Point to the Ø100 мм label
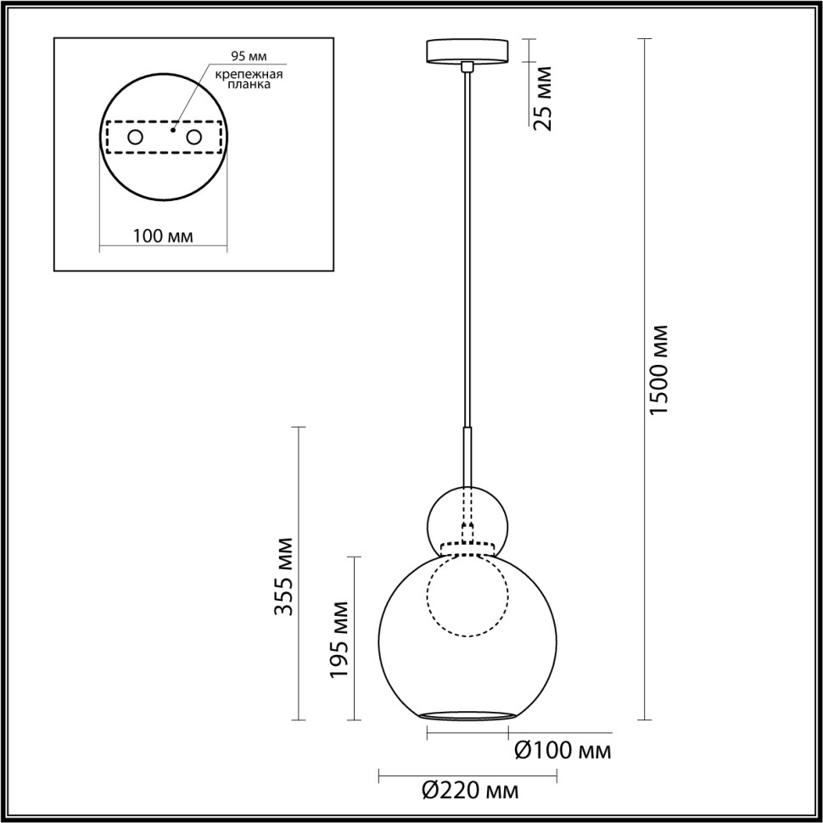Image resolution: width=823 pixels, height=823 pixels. point(563,750)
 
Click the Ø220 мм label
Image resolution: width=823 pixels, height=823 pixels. point(469,791)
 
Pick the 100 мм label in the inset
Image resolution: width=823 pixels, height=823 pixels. point(163,236)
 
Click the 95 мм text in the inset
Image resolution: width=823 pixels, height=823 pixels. point(249,57)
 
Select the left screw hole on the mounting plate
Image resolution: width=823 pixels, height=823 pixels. point(135,137)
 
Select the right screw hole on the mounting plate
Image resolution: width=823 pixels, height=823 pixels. point(194,137)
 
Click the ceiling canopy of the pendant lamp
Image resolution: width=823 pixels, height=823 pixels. point(467,50)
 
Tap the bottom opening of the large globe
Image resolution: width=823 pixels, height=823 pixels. point(467,716)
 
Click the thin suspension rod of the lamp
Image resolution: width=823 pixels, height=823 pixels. point(467,255)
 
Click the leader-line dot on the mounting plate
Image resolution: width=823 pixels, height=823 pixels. point(172,131)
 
